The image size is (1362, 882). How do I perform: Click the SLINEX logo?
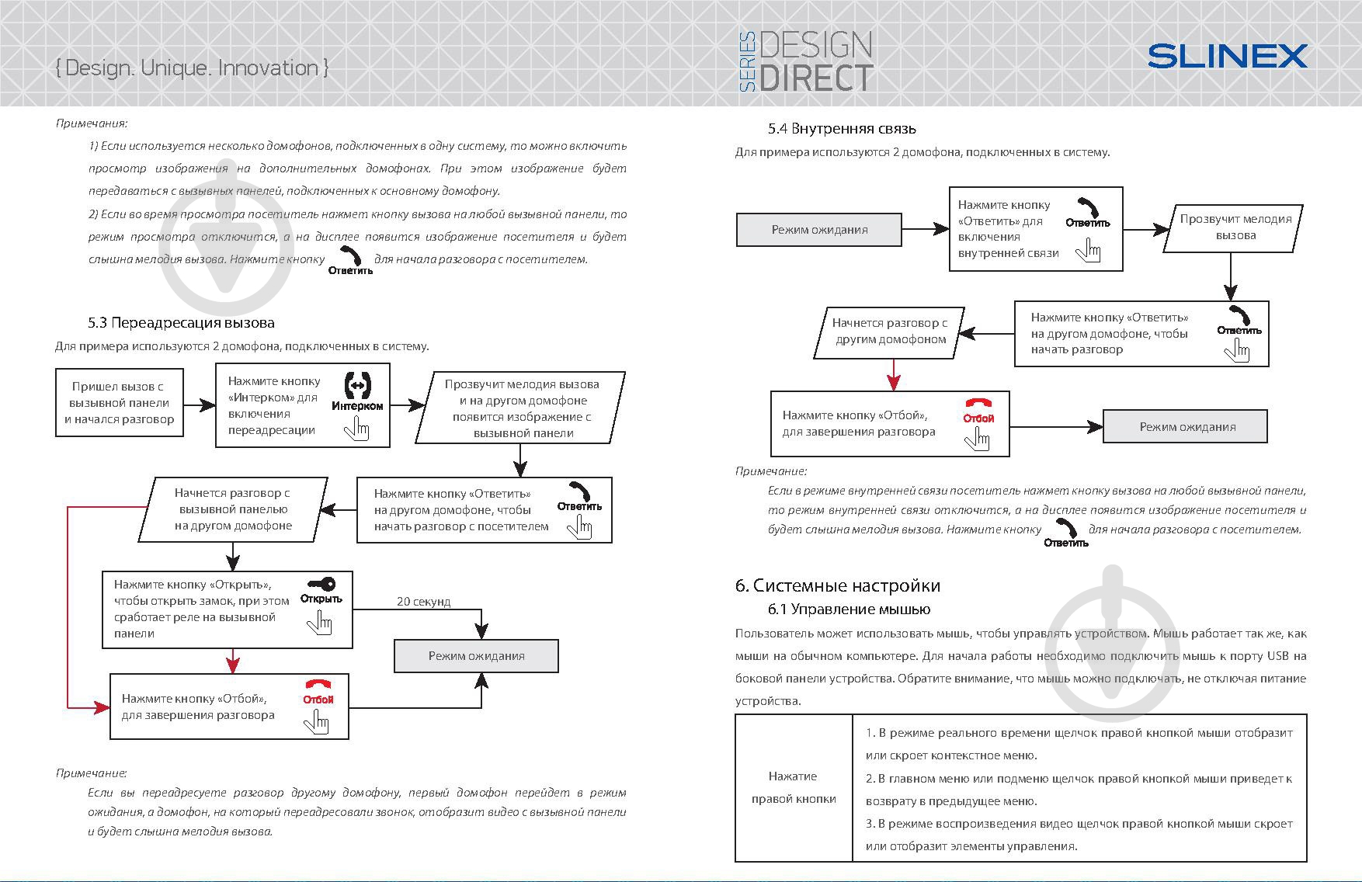(1227, 56)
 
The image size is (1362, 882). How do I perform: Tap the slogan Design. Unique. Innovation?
(192, 68)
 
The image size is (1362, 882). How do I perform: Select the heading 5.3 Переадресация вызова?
(181, 322)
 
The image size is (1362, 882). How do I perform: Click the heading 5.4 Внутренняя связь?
(842, 129)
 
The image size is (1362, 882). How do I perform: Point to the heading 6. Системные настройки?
(837, 585)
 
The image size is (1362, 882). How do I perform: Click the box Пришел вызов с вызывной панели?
(120, 403)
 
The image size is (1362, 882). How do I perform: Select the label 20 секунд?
(423, 601)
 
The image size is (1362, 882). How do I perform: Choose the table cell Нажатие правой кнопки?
(794, 787)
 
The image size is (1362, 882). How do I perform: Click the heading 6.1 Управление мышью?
(849, 609)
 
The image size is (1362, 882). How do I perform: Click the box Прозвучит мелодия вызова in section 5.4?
(1235, 227)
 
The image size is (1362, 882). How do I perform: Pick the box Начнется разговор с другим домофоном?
(890, 332)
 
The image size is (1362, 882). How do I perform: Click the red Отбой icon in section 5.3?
(318, 686)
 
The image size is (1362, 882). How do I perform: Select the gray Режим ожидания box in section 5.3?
(476, 656)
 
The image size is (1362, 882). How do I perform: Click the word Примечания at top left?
(92, 123)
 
